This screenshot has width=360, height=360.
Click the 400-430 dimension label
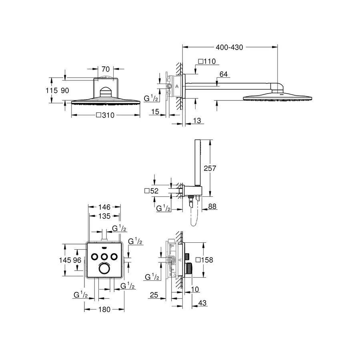point(230,47)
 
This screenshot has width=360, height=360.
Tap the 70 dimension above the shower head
point(106,69)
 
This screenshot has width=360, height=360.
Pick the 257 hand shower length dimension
point(210,168)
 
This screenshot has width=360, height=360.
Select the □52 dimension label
point(151,191)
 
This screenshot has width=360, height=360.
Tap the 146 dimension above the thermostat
point(104,207)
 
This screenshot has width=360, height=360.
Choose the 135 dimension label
point(104,216)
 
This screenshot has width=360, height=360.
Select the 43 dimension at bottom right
point(202,304)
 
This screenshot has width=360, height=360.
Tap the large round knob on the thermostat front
point(104,268)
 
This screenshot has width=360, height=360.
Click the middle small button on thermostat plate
point(104,256)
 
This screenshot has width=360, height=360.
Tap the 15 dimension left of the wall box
point(156,112)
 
